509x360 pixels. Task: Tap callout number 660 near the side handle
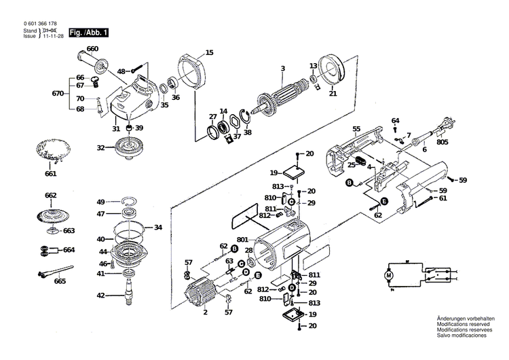coord(92,48)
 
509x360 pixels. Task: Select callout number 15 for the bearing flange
coord(209,52)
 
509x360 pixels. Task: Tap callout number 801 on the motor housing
coord(243,240)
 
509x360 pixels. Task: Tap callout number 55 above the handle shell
coord(356,128)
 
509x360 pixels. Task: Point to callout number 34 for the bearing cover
coord(157,227)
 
